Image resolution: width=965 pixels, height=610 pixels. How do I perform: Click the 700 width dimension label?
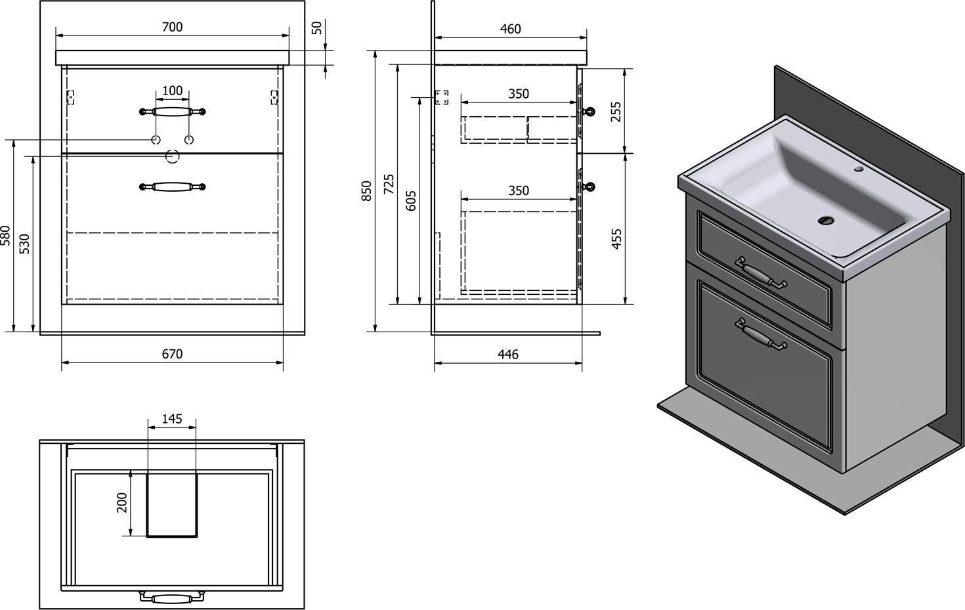click(172, 27)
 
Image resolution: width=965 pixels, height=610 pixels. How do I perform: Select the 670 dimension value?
click(172, 354)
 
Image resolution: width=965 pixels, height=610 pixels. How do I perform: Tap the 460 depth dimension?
click(510, 29)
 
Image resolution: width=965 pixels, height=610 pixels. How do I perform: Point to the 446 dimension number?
click(508, 355)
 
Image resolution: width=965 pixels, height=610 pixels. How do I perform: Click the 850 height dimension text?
click(367, 190)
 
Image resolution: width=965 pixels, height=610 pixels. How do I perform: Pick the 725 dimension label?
click(389, 184)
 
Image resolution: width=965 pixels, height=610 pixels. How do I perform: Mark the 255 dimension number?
click(616, 111)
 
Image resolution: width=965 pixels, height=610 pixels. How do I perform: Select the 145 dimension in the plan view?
click(172, 419)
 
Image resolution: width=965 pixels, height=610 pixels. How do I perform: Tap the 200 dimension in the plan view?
click(122, 504)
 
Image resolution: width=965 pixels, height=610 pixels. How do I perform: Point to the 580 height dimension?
click(5, 235)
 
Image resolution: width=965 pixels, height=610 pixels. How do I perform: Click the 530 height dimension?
click(24, 243)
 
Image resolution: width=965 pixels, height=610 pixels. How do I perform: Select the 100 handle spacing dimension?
click(172, 91)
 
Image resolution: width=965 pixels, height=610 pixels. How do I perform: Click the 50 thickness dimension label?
click(317, 28)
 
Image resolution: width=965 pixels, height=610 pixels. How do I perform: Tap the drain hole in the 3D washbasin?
click(826, 221)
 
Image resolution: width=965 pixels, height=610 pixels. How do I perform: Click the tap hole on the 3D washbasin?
click(859, 169)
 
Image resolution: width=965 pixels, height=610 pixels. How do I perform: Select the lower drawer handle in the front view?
click(173, 187)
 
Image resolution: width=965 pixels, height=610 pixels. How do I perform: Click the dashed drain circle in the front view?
click(172, 156)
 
